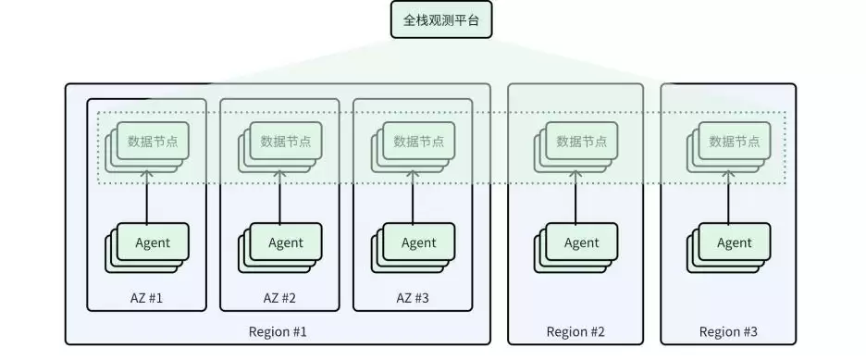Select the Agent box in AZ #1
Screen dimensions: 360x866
point(153,242)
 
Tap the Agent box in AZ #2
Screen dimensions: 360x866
point(286,242)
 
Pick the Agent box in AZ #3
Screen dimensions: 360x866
point(418,242)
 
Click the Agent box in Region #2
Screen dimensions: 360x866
point(581,242)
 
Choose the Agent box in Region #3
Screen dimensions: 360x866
point(735,242)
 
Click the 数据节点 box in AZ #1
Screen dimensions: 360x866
point(153,142)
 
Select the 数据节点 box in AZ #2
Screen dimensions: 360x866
point(286,142)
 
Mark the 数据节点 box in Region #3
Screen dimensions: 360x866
point(735,142)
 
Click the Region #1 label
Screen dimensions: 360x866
point(278,331)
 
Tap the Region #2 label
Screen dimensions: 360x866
point(575,331)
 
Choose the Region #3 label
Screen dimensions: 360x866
point(728,331)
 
